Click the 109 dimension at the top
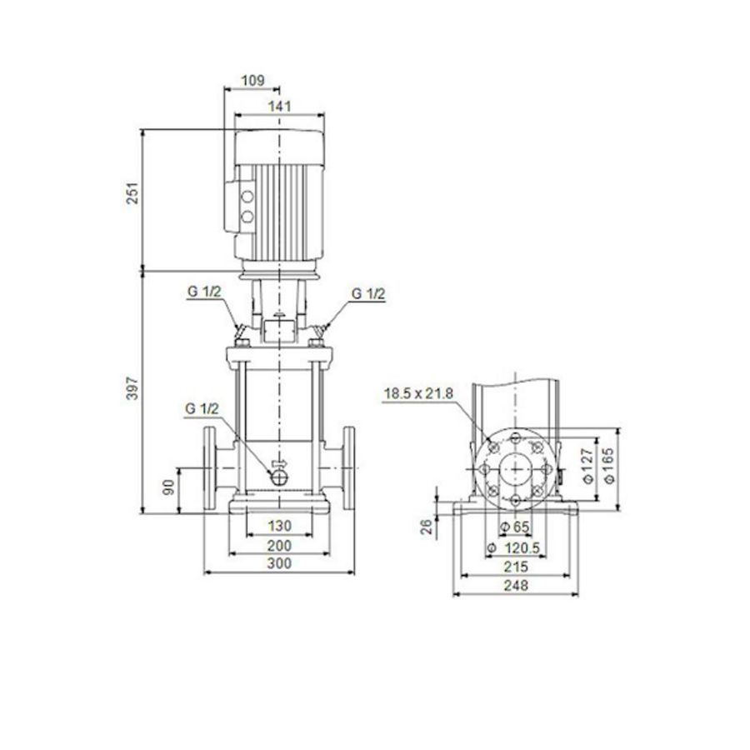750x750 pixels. click(252, 81)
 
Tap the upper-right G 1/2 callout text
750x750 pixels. click(367, 293)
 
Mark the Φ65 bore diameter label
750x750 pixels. click(517, 527)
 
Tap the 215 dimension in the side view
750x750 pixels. click(516, 566)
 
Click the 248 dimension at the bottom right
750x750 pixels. click(516, 585)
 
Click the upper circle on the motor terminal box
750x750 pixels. click(247, 197)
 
